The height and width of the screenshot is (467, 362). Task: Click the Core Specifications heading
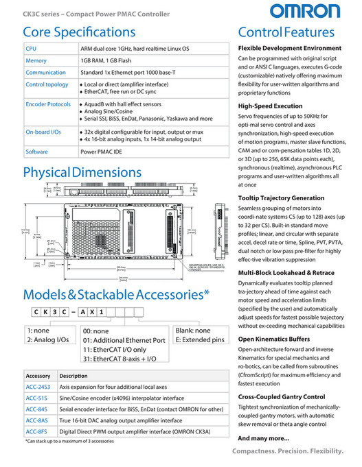(79, 32)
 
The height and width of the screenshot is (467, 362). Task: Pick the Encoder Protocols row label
(48, 104)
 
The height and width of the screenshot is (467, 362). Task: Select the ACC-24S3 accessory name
(38, 387)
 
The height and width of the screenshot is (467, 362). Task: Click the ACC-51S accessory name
(36, 398)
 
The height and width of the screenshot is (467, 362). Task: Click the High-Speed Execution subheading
(270, 106)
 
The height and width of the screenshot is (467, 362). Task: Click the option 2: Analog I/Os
(47, 339)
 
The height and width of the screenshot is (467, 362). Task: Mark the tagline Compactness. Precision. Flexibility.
(287, 451)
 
